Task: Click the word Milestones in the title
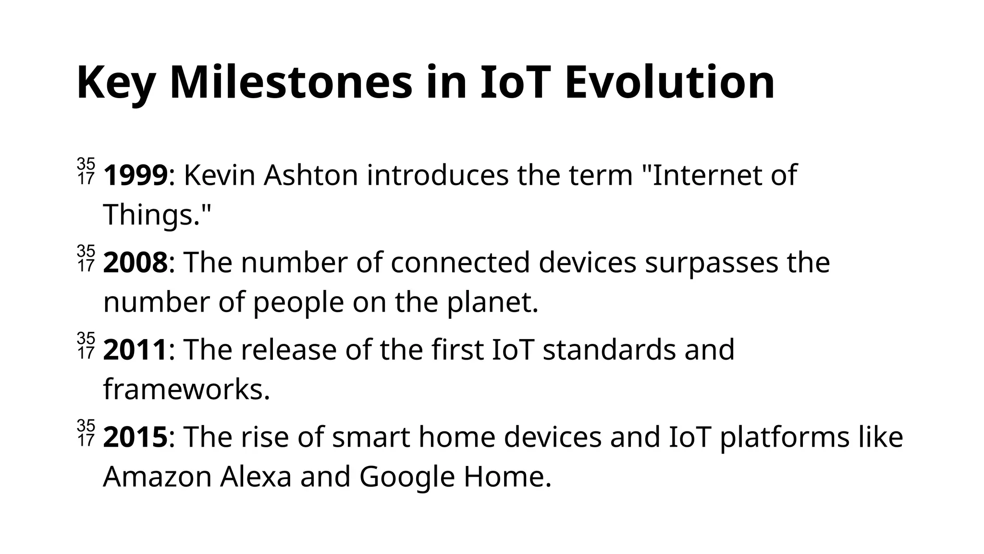click(291, 83)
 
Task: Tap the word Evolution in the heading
click(669, 83)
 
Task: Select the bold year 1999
click(135, 176)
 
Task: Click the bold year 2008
click(135, 263)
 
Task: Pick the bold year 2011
click(135, 350)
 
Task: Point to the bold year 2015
click(135, 438)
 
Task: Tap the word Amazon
click(157, 477)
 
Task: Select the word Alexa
click(256, 477)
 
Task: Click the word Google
click(406, 477)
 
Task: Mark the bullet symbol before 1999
click(86, 171)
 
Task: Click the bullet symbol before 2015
click(86, 433)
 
